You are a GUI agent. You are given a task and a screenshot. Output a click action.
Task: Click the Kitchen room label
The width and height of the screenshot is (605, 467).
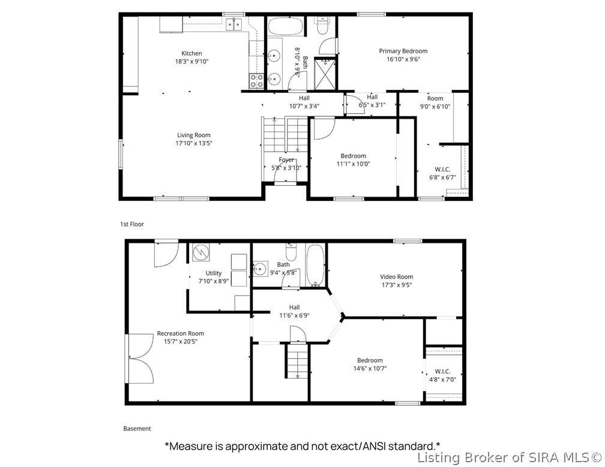pyautogui.click(x=191, y=53)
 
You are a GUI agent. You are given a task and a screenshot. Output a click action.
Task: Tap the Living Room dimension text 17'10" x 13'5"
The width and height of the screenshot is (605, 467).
pyautogui.click(x=194, y=143)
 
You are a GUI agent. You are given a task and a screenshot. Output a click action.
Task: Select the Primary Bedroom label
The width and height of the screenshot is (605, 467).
pyautogui.click(x=403, y=51)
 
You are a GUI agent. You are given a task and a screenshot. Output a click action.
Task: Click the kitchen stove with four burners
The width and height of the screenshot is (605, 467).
pyautogui.click(x=256, y=81)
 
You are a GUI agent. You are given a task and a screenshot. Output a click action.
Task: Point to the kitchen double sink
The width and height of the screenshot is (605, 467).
pyautogui.click(x=234, y=24)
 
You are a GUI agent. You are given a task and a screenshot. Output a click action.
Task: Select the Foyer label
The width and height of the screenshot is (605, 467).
pyautogui.click(x=286, y=159)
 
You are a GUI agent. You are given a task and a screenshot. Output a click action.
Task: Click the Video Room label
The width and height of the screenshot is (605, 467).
pyautogui.click(x=396, y=276)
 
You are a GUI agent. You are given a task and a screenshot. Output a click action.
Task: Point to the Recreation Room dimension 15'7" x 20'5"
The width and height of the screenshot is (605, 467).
pyautogui.click(x=181, y=341)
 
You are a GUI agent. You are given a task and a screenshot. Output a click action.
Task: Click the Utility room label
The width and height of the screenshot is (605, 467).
pyautogui.click(x=214, y=273)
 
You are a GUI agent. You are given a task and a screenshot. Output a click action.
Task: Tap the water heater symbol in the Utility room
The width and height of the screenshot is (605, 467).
pyautogui.click(x=200, y=252)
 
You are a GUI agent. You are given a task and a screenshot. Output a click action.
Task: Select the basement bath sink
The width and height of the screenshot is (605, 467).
pyautogui.click(x=260, y=269)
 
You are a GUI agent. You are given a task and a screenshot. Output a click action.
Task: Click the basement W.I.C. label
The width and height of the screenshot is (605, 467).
pyautogui.click(x=442, y=372)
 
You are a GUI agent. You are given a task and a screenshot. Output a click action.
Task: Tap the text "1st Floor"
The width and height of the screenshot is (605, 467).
pyautogui.click(x=132, y=224)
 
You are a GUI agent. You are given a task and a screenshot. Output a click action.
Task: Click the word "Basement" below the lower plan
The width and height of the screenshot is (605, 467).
pyautogui.click(x=137, y=429)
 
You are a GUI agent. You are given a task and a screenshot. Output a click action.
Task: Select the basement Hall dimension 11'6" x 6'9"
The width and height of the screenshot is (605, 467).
pyautogui.click(x=294, y=315)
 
